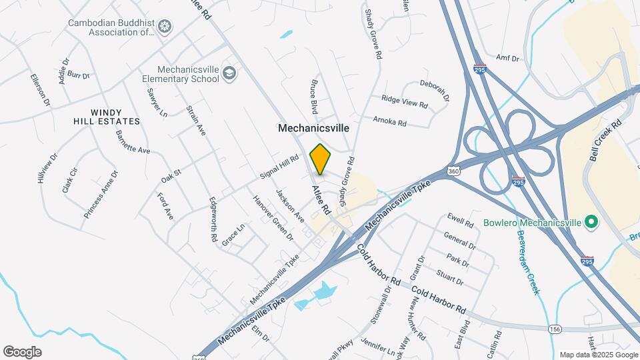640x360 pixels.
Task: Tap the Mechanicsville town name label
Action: [x=313, y=127]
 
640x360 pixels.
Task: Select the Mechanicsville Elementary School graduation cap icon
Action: [x=229, y=73]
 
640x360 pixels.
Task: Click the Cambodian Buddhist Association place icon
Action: [x=164, y=27]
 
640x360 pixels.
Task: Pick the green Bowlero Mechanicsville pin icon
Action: [x=590, y=221]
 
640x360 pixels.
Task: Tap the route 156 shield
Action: [x=555, y=329]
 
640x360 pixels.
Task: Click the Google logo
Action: [x=22, y=351]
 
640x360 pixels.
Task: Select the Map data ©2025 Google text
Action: [x=597, y=355]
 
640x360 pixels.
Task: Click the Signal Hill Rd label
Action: [x=279, y=167]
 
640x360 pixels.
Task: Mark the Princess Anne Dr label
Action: [x=101, y=195]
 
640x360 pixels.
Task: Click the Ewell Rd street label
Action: [x=460, y=219]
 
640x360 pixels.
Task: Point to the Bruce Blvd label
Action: [x=313, y=97]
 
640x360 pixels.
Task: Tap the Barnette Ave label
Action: [x=133, y=141]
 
